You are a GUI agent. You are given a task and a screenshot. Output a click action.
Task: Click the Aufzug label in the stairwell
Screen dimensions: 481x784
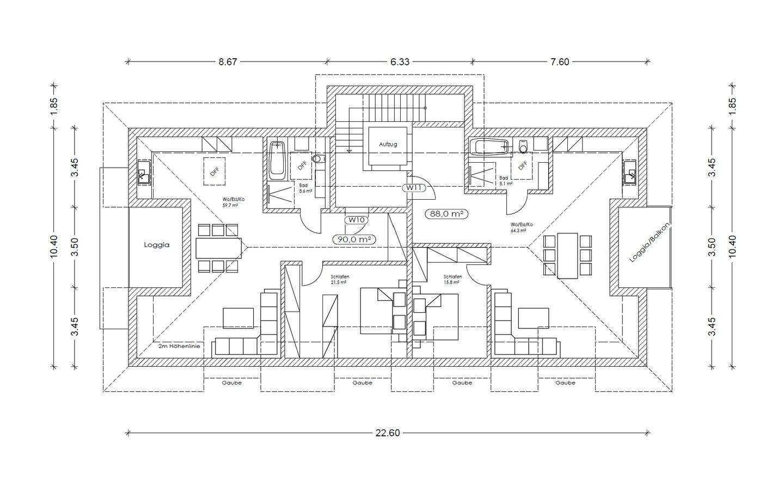click(x=388, y=144)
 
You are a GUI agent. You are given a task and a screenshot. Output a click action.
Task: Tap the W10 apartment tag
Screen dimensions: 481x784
click(x=356, y=220)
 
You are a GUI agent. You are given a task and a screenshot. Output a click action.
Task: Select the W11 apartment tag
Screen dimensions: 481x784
click(x=413, y=188)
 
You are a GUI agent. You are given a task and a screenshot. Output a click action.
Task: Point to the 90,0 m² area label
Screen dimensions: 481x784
click(x=354, y=239)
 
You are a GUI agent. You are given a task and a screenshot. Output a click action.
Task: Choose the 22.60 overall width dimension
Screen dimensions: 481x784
click(x=388, y=433)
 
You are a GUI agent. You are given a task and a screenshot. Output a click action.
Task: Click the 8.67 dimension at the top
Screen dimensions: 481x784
click(x=228, y=61)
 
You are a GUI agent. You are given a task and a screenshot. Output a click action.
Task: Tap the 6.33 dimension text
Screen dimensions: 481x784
click(x=399, y=61)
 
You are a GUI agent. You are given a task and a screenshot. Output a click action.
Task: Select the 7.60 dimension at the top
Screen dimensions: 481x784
click(x=559, y=61)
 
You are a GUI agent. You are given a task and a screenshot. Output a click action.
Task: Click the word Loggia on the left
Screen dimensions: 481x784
click(x=157, y=245)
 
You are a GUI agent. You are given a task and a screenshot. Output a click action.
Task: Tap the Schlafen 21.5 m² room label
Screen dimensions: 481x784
click(x=340, y=280)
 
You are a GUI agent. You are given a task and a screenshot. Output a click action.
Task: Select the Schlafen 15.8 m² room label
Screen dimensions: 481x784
click(x=452, y=280)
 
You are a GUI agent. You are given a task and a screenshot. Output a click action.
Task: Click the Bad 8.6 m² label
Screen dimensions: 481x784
click(x=304, y=188)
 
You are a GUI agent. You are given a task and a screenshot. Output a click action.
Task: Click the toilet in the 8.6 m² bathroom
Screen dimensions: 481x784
click(x=319, y=159)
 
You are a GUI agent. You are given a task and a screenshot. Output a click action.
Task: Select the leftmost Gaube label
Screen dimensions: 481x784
click(x=231, y=383)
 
